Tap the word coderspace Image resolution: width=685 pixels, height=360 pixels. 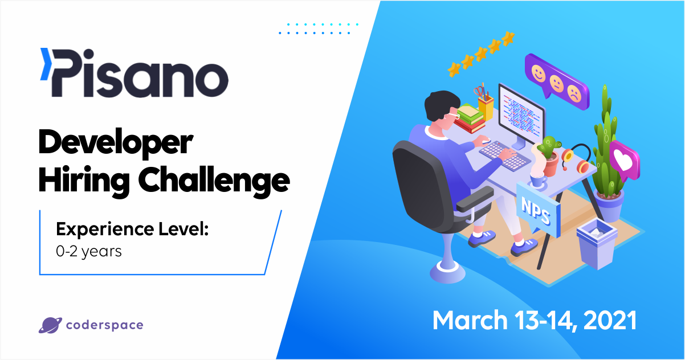click(104, 326)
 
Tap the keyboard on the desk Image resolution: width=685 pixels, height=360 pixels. click(505, 155)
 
